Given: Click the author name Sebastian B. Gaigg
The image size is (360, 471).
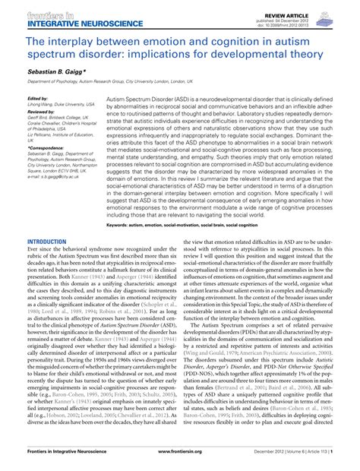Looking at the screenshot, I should pyautogui.click(x=55, y=68).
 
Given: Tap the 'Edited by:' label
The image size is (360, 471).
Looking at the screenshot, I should pyautogui.click(x=36, y=99).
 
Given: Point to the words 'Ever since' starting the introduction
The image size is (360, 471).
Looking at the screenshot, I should pyautogui.click(x=39, y=249).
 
